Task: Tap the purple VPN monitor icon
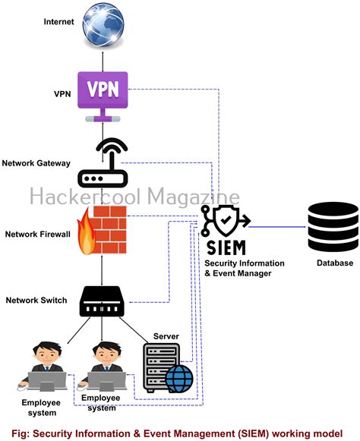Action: click(103, 94)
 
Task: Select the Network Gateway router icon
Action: click(103, 163)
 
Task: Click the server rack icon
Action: click(162, 367)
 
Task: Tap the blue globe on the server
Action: click(179, 377)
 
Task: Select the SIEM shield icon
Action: click(226, 221)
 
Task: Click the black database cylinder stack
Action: click(333, 226)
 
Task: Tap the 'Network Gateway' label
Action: click(36, 163)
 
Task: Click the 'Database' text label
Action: click(334, 263)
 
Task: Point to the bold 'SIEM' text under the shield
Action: click(226, 247)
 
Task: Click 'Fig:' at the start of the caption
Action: click(15, 432)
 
